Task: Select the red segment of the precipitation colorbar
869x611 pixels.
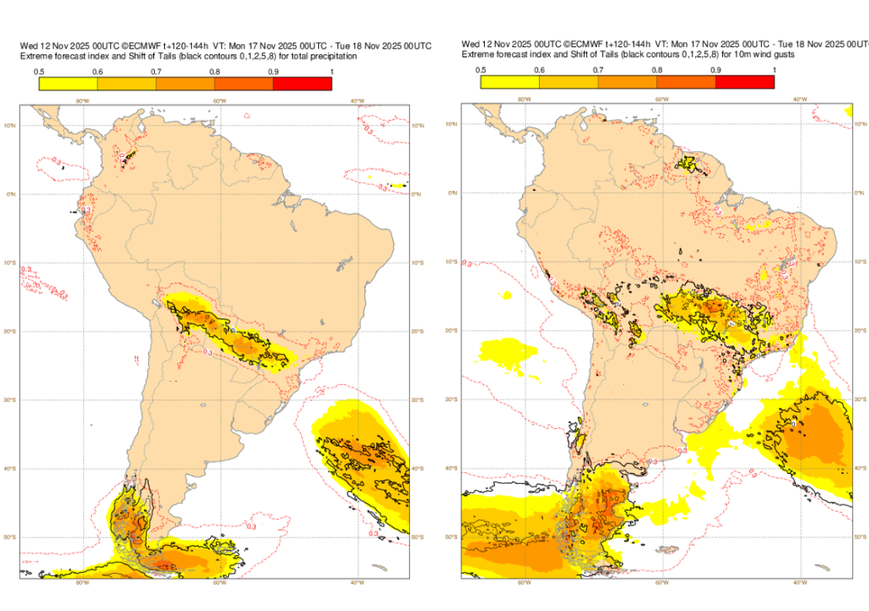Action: tap(302, 84)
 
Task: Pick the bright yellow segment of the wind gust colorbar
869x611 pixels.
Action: tap(509, 82)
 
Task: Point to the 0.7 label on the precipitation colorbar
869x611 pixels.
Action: tap(156, 70)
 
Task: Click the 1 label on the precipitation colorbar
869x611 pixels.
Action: tap(331, 70)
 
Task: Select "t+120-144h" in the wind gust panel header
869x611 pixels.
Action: tap(621, 44)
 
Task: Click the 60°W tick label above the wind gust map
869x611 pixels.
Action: tap(661, 100)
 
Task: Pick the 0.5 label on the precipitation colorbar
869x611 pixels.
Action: tap(40, 70)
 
